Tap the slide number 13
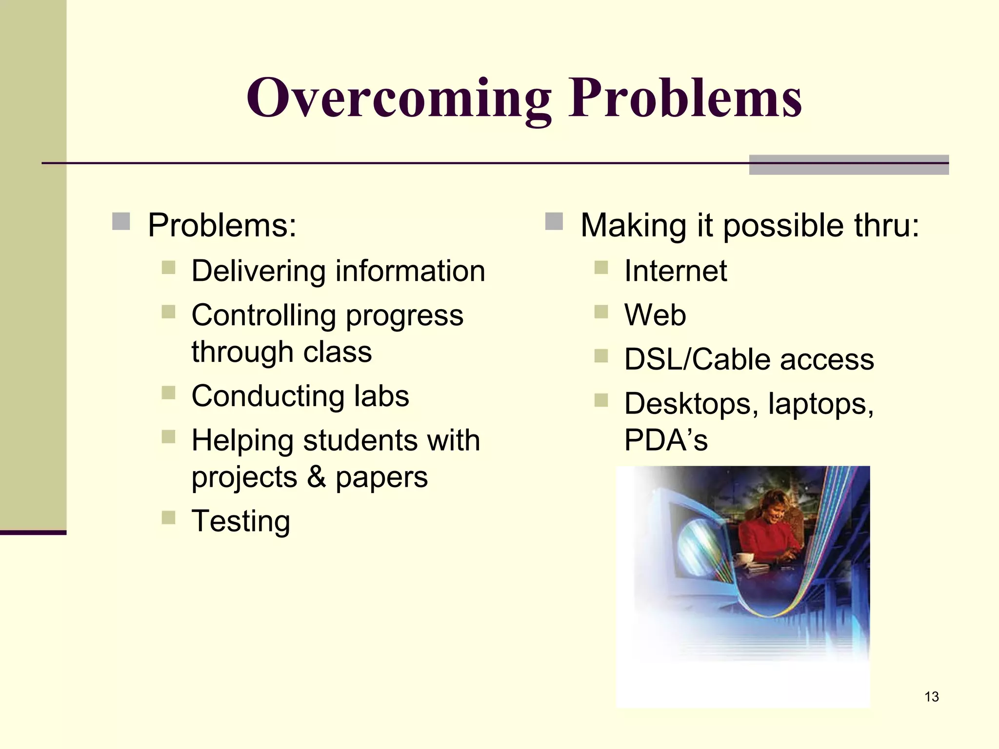(931, 696)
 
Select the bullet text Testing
(241, 521)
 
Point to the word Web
(655, 315)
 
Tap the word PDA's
(666, 440)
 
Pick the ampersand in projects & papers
(316, 477)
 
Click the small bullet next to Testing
(168, 517)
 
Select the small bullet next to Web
(601, 311)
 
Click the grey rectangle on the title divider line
(849, 165)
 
